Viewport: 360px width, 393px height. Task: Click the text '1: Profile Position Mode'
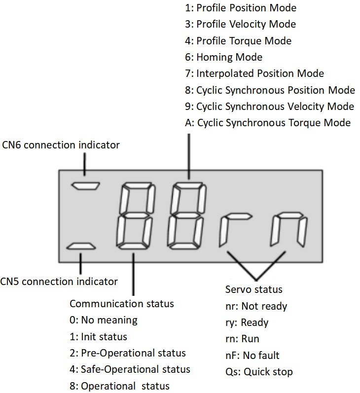[x=241, y=8]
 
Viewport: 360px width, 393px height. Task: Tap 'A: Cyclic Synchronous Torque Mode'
[x=268, y=123]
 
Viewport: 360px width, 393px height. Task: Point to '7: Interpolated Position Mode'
[x=254, y=73]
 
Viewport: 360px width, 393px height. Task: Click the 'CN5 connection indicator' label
[x=59, y=282]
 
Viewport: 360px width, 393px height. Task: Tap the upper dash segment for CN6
[x=85, y=186]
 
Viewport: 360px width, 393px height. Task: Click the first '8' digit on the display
[x=135, y=215]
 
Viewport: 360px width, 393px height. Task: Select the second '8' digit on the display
[x=187, y=215]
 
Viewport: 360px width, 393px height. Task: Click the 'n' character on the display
[x=288, y=229]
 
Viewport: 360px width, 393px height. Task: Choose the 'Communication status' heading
[x=122, y=303]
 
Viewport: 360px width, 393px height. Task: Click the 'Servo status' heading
[x=254, y=289]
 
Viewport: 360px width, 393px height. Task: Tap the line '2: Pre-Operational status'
[x=128, y=353]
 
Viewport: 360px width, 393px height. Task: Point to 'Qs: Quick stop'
[x=259, y=371]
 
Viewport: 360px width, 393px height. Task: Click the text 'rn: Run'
[x=242, y=339]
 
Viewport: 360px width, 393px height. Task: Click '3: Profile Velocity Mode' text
[x=240, y=24]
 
